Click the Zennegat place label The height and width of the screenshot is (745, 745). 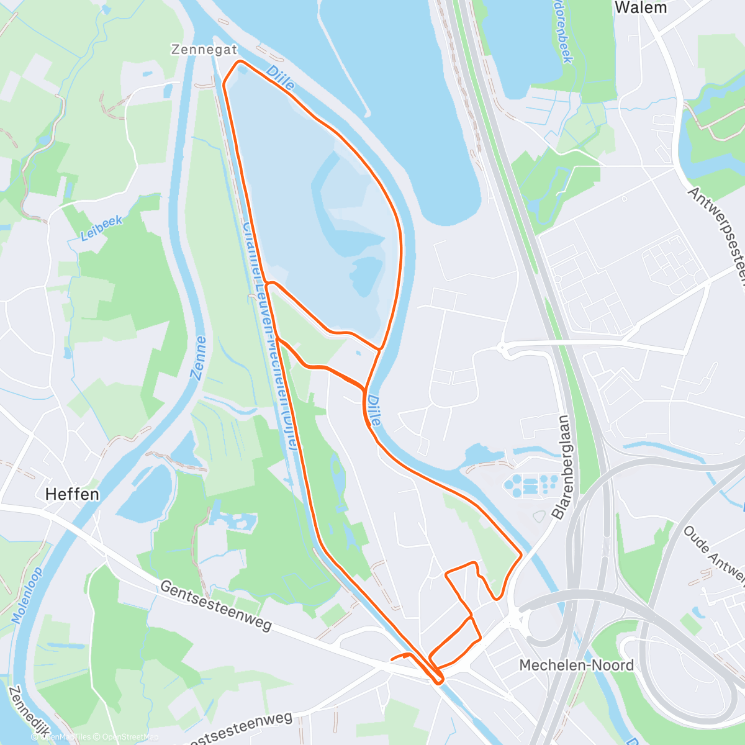pos(204,50)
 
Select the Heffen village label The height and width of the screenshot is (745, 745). pos(72,494)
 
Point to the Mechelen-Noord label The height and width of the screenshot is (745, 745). pos(576,666)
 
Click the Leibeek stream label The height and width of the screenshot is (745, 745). pos(101,228)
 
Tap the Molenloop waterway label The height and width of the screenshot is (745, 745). pos(27,595)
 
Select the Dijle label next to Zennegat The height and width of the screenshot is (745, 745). pos(280,79)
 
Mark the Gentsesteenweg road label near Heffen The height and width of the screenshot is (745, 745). pos(215,605)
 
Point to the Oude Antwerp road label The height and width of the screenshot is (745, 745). pos(714,554)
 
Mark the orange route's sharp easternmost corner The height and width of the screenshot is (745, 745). pos(520,553)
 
